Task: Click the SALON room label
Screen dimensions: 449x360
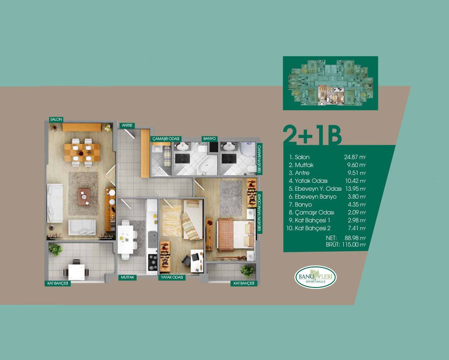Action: click(x=56, y=119)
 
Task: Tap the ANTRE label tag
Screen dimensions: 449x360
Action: click(x=127, y=125)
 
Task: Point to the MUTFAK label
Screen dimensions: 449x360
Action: click(x=127, y=277)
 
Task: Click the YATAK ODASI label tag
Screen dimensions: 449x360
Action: click(x=172, y=277)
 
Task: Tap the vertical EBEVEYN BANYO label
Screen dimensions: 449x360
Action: click(x=260, y=158)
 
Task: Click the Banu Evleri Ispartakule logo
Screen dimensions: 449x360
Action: click(x=316, y=277)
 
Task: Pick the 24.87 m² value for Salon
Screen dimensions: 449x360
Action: click(x=355, y=157)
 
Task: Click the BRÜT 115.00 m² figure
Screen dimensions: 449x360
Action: click(x=346, y=245)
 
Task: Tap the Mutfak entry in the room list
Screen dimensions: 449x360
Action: click(x=301, y=165)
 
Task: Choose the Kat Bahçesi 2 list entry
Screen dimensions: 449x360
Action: click(x=308, y=228)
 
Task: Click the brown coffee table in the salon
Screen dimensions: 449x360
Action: click(x=84, y=197)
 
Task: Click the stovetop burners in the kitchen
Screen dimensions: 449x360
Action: click(x=152, y=262)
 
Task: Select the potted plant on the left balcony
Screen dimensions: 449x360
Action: click(x=55, y=250)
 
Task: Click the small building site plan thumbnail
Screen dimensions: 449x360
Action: click(x=331, y=83)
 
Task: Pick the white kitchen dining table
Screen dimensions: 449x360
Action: click(x=125, y=239)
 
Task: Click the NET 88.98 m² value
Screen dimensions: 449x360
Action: click(x=346, y=238)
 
